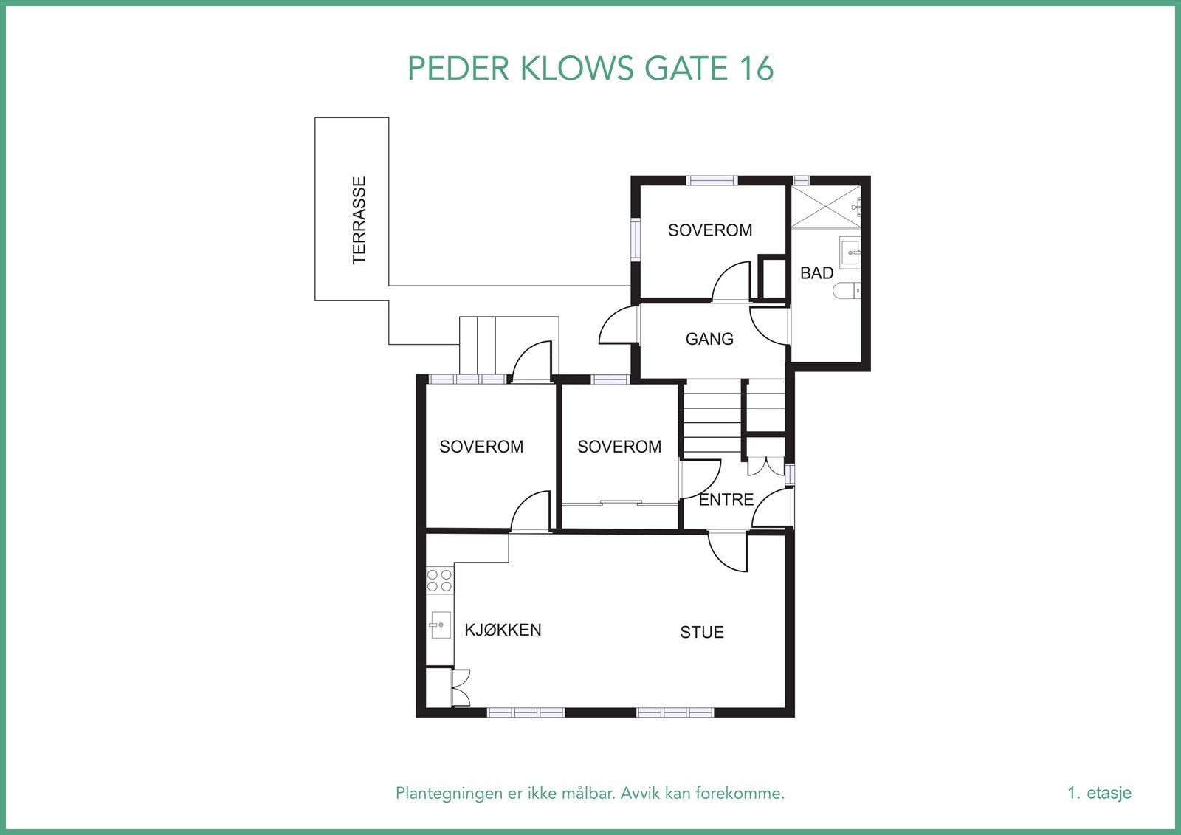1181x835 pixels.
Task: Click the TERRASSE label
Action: (359, 220)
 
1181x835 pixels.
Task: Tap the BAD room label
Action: (816, 272)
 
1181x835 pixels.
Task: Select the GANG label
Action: (709, 339)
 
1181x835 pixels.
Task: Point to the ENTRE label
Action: (726, 500)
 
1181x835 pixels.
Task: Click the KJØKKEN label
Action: (503, 630)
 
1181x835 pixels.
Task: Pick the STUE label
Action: (702, 632)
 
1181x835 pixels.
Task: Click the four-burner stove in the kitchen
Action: (440, 580)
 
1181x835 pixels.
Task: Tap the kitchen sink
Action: (440, 625)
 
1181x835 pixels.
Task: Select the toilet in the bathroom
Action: (847, 290)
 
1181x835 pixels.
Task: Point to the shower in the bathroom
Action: (826, 206)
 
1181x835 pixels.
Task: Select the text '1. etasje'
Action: (1099, 793)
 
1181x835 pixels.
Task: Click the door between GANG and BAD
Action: (770, 326)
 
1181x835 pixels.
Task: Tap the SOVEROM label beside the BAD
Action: (709, 230)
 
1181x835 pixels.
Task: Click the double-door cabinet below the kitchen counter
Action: (461, 687)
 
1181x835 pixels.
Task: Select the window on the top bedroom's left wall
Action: (636, 240)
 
